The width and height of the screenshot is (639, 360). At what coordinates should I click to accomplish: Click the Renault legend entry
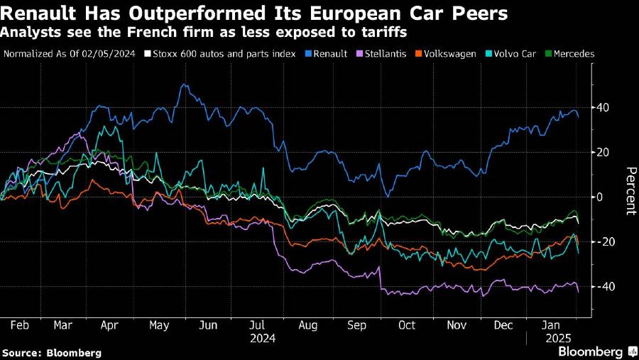pyautogui.click(x=329, y=53)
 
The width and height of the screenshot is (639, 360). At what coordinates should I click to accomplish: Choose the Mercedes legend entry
pyautogui.click(x=573, y=53)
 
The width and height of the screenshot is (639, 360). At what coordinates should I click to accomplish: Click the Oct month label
pyautogui.click(x=408, y=324)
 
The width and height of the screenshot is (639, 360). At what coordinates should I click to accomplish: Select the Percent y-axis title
pyautogui.click(x=628, y=190)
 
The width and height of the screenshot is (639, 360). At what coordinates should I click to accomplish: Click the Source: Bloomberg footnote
pyautogui.click(x=51, y=352)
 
